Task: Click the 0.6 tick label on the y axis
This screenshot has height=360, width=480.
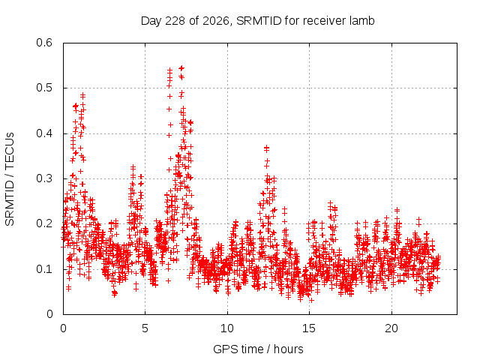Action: click(x=44, y=43)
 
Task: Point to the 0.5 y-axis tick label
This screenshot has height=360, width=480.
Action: click(x=44, y=88)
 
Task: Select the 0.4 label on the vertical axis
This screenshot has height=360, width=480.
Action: click(x=44, y=133)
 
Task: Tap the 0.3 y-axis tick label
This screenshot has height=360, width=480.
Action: click(x=44, y=178)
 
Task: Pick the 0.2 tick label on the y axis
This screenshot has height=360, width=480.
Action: click(x=44, y=223)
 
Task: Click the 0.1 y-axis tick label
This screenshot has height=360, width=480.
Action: click(x=44, y=269)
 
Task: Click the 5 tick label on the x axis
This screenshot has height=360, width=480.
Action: click(x=145, y=328)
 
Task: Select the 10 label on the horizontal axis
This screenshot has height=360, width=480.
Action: click(x=227, y=328)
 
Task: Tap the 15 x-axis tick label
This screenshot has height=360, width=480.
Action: click(x=309, y=328)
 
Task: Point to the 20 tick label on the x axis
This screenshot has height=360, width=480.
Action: click(x=391, y=328)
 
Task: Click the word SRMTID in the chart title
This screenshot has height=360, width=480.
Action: click(x=259, y=21)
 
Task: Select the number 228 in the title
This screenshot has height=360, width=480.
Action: click(x=175, y=21)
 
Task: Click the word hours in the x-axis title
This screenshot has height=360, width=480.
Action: click(x=288, y=349)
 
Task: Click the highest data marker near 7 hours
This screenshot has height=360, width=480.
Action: click(x=181, y=67)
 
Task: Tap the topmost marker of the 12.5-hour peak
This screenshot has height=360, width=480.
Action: click(x=266, y=148)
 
